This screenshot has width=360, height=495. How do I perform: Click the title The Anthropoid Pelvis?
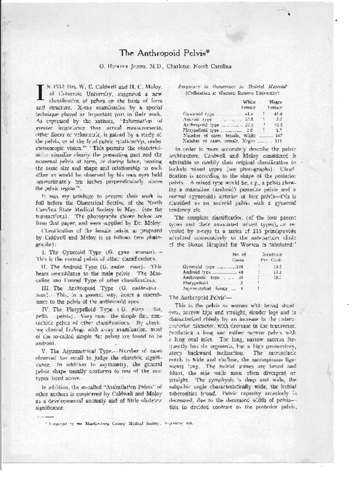(x=180, y=53)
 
